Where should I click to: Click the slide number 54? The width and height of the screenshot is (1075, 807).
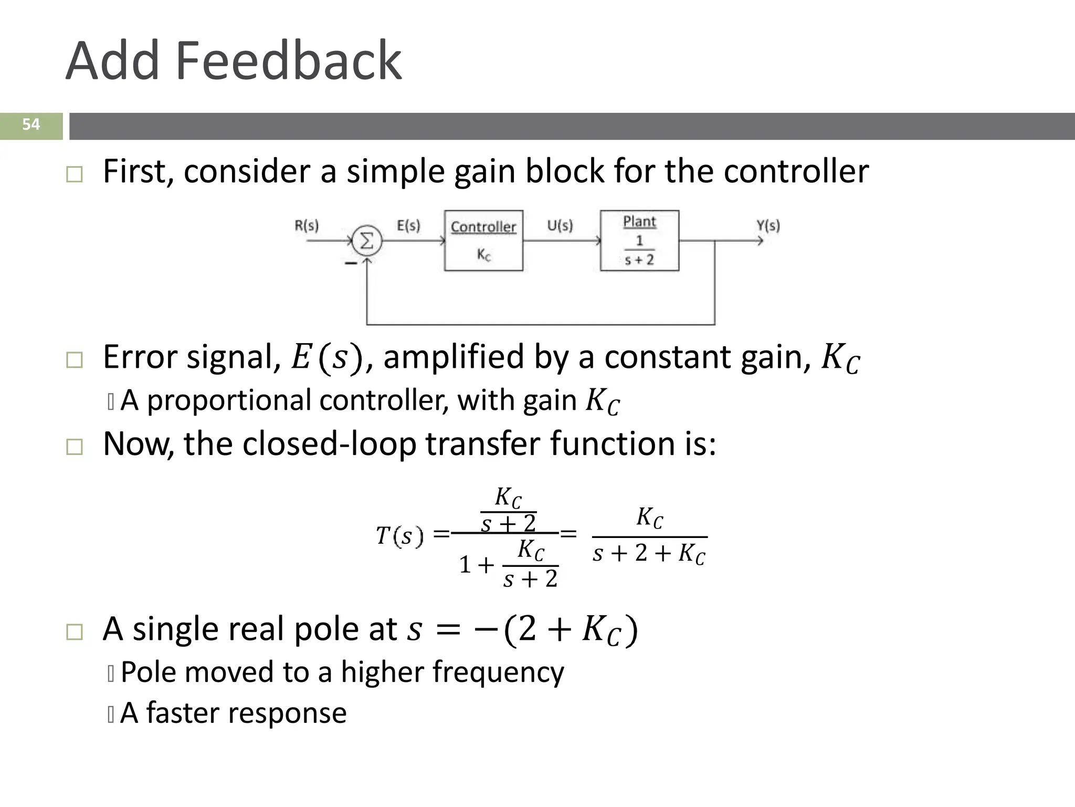tap(31, 125)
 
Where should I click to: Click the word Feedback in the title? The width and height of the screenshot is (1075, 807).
tap(288, 61)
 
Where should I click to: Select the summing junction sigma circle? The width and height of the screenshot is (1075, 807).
tap(366, 241)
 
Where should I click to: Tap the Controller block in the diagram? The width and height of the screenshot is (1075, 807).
tap(483, 241)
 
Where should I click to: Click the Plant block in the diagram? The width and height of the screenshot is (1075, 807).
tap(639, 241)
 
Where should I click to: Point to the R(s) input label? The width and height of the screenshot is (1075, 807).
tap(307, 225)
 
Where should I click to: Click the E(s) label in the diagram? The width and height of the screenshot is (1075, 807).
tap(408, 225)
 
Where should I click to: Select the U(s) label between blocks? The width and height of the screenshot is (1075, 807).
tap(560, 225)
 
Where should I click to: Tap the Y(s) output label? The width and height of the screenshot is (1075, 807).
tap(768, 225)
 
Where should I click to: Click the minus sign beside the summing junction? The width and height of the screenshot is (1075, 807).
tap(351, 263)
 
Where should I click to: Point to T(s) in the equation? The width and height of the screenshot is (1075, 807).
tap(399, 536)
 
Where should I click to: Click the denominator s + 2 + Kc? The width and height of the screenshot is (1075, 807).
tap(649, 554)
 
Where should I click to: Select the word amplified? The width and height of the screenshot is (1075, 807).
tap(453, 357)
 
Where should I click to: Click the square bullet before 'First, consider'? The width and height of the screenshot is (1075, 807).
tap(75, 174)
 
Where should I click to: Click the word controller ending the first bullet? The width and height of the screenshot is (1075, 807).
tap(796, 172)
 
